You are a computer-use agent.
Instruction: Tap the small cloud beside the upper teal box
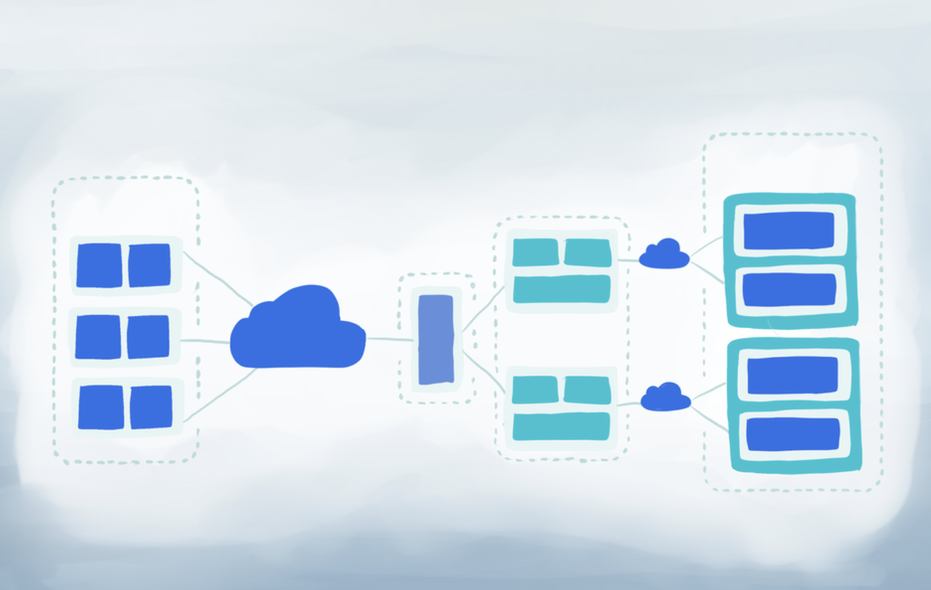pos(664,256)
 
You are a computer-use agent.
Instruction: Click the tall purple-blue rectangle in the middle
pos(436,340)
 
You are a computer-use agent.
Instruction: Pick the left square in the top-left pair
pos(99,265)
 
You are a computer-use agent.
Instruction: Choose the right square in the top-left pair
pos(150,265)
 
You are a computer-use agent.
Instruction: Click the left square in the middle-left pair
pos(98,337)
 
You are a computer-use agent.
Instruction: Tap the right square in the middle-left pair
pos(148,337)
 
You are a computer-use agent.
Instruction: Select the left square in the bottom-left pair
pos(101,407)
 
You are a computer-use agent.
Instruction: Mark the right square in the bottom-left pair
pos(151,407)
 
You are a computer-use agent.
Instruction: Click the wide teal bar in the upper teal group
pos(562,289)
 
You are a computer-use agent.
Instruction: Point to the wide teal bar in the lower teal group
pos(562,426)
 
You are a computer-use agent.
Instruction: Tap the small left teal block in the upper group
pos(536,252)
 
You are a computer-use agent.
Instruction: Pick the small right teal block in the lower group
pos(587,390)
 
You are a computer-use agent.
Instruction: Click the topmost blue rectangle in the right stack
pos(789,231)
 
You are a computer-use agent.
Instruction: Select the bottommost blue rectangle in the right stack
pos(793,434)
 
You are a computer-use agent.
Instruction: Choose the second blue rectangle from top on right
pos(789,290)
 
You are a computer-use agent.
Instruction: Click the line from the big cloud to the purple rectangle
pos(389,338)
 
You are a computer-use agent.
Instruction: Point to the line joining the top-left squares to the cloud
pos(217,278)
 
